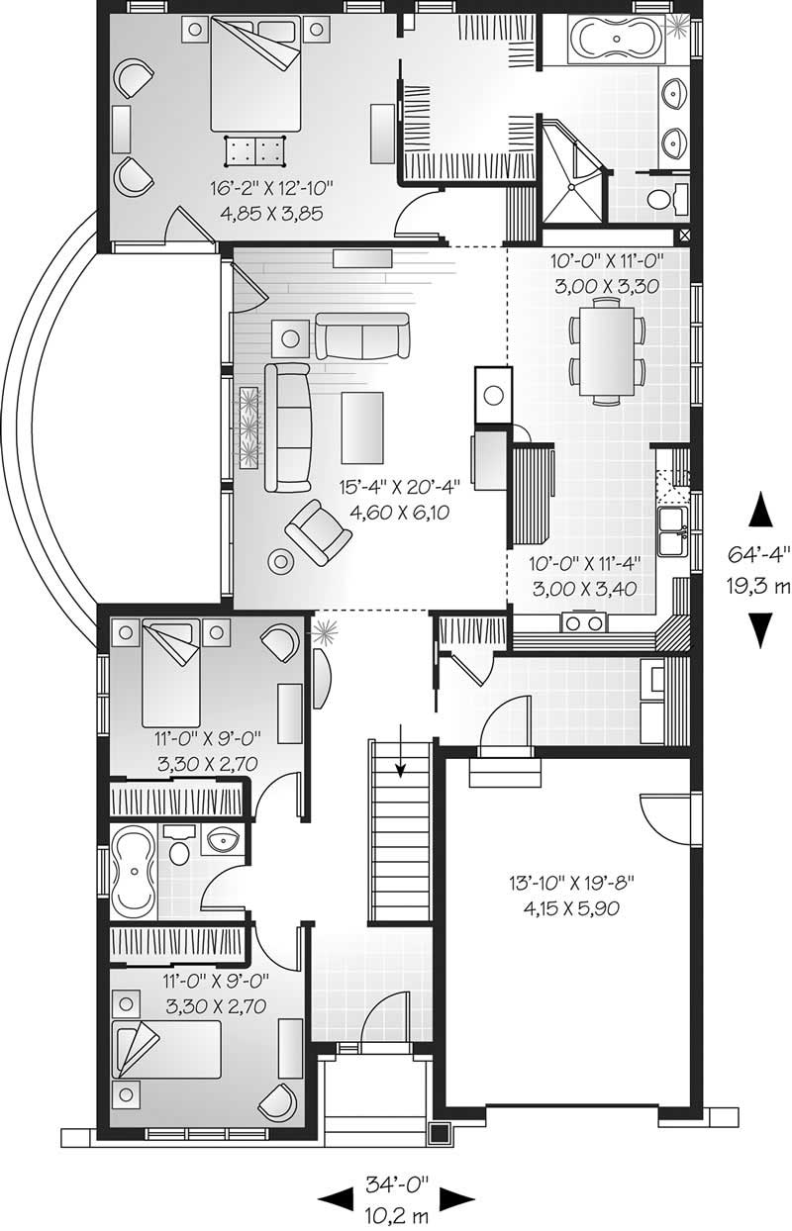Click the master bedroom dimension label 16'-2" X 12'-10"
[x=270, y=187]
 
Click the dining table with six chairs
[x=605, y=354]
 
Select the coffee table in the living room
[x=363, y=426]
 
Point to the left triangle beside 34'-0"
[x=334, y=1198]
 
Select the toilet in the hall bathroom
[x=179, y=849]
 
